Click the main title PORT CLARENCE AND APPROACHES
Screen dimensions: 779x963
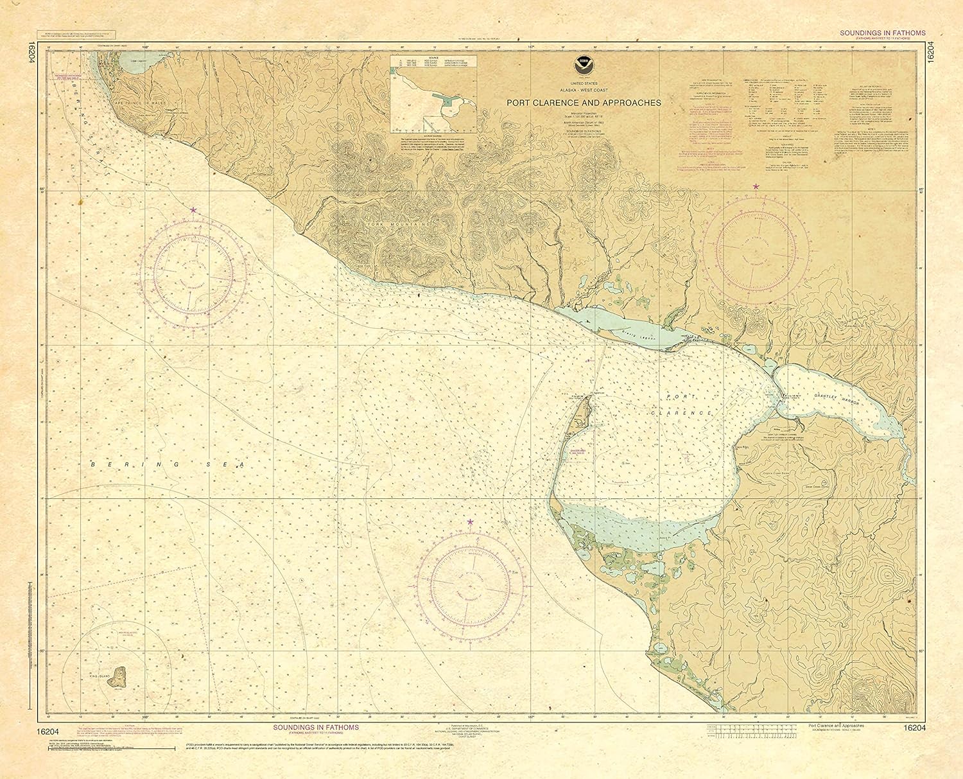(584, 102)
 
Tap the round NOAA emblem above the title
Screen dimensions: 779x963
(584, 65)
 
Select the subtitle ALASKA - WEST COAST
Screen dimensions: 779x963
(584, 91)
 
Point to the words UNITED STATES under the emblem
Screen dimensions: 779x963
(584, 84)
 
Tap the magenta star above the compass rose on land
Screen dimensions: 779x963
(756, 186)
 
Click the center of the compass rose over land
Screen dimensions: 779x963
(756, 249)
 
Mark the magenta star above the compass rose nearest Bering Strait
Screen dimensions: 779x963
(193, 210)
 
